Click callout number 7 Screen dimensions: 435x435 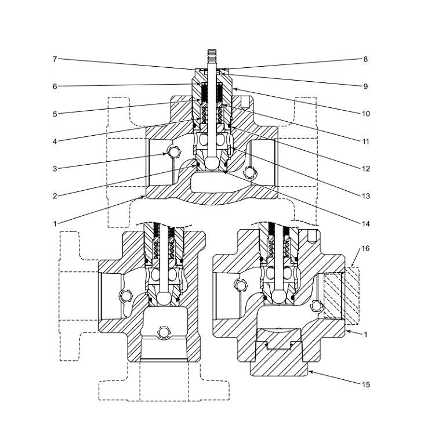(x=55, y=59)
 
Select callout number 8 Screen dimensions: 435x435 (x=365, y=59)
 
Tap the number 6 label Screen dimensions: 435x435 (x=55, y=86)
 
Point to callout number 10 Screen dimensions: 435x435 (x=365, y=114)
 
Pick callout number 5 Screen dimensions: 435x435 (x=55, y=114)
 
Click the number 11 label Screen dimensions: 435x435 (x=365, y=141)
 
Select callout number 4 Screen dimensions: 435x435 (x=55, y=141)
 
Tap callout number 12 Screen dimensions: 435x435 (x=365, y=169)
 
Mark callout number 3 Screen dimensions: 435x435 (x=55, y=169)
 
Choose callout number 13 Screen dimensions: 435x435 (x=365, y=196)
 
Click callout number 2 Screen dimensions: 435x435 (x=55, y=196)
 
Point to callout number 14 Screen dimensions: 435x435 (x=365, y=223)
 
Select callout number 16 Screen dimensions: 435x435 (x=365, y=248)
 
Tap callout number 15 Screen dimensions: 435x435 (x=365, y=385)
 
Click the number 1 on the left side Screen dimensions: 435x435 (x=55, y=223)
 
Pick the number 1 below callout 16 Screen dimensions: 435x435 (x=365, y=335)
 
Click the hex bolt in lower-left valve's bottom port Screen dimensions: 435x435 (x=164, y=332)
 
